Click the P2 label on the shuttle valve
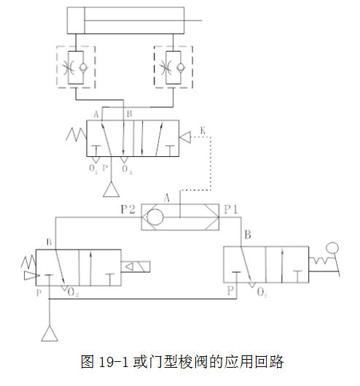point(128,209)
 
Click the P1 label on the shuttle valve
point(231,209)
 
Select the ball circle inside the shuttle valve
point(155,217)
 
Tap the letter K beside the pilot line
point(203,130)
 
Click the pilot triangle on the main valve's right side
point(185,137)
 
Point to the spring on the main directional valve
point(77,134)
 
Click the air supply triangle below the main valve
point(111,189)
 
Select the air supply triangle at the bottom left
point(50,333)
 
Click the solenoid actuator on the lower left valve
point(136,266)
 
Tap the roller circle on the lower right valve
point(332,248)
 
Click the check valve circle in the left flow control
point(83,67)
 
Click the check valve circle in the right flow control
point(181,66)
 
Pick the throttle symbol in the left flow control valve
point(68,67)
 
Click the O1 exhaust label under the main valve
point(93,169)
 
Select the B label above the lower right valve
point(248,235)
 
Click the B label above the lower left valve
point(49,242)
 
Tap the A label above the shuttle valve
point(167,198)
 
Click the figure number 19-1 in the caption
point(114,362)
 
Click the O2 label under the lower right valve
point(262,293)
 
